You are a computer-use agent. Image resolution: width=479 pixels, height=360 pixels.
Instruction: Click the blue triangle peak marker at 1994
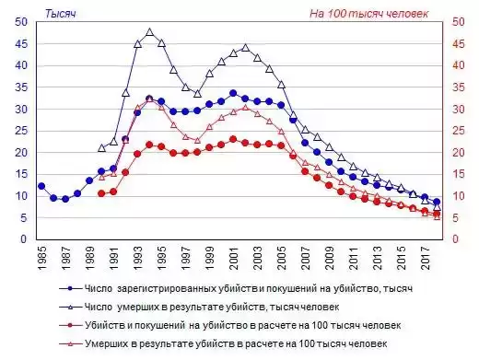150,32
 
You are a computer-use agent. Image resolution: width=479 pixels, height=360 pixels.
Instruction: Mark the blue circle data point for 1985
41,186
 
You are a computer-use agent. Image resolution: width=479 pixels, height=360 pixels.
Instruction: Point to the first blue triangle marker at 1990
102,147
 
